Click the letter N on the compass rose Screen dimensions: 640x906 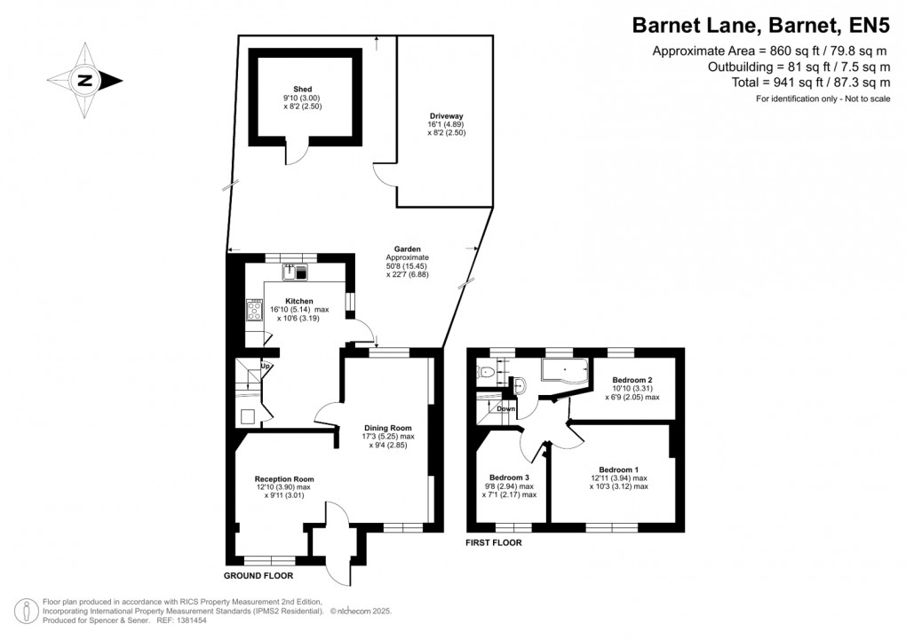click(x=85, y=81)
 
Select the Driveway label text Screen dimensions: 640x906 click(x=446, y=116)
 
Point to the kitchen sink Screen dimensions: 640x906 click(x=295, y=272)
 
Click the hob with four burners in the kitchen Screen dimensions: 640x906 click(x=255, y=310)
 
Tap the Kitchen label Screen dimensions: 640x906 click(x=298, y=302)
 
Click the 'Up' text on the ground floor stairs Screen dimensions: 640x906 click(x=266, y=366)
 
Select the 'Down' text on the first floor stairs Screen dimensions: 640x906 click(x=505, y=409)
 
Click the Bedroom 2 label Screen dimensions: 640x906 click(x=632, y=379)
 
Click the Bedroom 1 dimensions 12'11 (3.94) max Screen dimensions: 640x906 click(x=617, y=478)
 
